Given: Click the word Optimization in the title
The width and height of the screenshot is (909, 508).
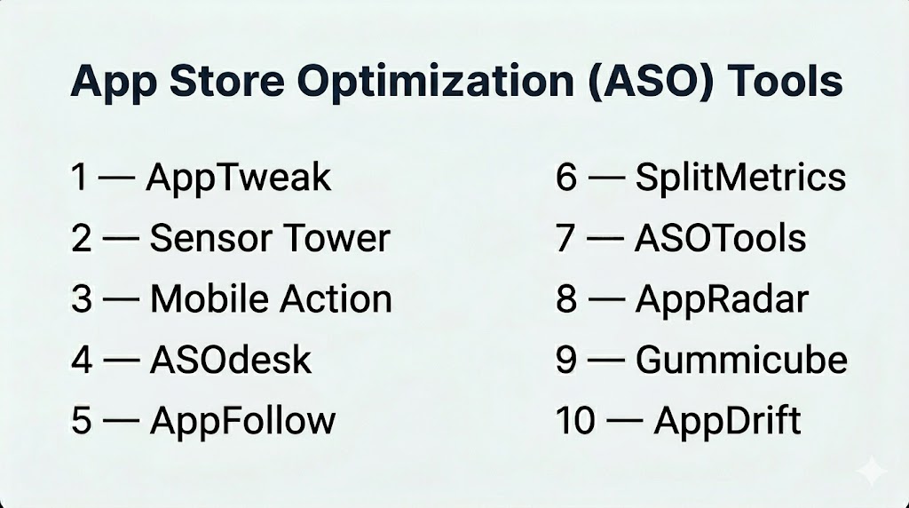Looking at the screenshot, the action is (435, 81).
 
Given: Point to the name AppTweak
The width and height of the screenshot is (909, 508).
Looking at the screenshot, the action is (238, 178).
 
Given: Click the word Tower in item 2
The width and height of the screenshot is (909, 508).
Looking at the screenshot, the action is (336, 238).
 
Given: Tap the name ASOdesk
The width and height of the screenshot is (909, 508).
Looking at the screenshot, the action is (231, 360).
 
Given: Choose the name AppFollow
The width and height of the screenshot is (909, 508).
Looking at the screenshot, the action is (243, 420).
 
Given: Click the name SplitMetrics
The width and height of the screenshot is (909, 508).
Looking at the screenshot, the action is (740, 177).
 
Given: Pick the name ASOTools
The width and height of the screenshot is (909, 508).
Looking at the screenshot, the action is (721, 238).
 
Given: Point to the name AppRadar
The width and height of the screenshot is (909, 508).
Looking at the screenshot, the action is (722, 300).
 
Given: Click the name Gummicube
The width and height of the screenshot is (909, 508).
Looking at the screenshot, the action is (741, 360).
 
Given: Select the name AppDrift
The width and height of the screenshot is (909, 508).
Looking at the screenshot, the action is (728, 420).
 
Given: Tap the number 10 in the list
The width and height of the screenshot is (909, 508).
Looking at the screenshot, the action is (575, 420).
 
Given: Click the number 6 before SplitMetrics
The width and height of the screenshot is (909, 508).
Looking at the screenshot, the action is (566, 177).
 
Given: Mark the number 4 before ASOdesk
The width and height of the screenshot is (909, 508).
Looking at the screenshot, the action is (82, 360).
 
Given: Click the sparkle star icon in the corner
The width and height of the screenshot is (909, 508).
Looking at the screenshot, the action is (871, 472).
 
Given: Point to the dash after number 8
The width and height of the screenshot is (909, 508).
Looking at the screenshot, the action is (606, 300).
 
